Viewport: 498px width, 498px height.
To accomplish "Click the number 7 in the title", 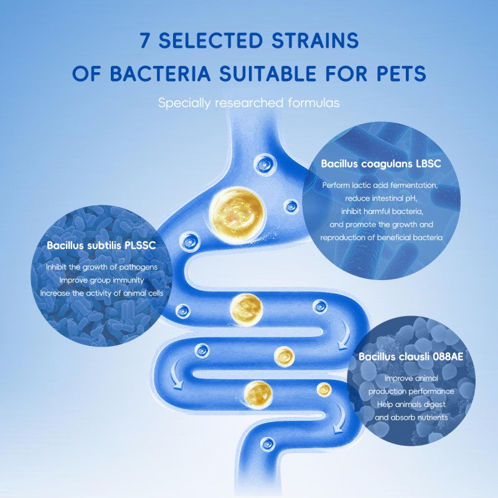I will click(x=144, y=41).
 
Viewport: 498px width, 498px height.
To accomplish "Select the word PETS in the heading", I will click(x=398, y=73).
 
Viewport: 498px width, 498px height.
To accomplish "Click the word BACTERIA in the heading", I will click(x=162, y=73).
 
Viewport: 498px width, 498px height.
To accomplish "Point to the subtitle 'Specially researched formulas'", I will click(x=249, y=103).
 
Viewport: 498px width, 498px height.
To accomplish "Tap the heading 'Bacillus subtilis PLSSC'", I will click(x=101, y=245).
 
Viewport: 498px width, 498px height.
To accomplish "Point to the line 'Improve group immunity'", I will click(x=101, y=280).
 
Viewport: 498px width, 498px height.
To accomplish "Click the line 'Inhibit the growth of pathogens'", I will click(x=101, y=267).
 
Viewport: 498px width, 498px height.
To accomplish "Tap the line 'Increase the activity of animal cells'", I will click(x=101, y=293).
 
